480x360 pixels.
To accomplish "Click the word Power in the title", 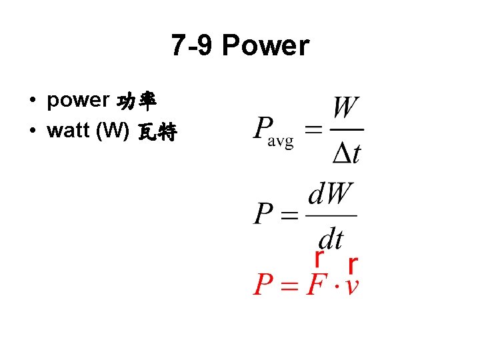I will coord(265,46).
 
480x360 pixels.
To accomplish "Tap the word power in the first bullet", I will coord(78,100).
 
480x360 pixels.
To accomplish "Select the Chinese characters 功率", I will coord(137,101).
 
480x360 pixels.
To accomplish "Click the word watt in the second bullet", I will coord(69,130).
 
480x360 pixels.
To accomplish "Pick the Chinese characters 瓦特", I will coord(157,132).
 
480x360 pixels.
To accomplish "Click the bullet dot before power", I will coord(32,101).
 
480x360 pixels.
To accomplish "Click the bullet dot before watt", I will coord(32,131).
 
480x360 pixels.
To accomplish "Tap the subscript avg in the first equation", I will coord(281,143).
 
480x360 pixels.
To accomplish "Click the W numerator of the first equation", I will coord(347,109).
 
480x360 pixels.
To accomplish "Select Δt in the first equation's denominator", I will coord(347,153).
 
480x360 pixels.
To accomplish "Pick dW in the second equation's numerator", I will coord(331,195).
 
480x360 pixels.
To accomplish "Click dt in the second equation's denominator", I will coord(331,237).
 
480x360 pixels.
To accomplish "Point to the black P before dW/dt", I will coord(263,214).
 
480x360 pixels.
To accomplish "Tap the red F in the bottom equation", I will coord(316,285).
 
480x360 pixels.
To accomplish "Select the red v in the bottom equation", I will coord(353,286).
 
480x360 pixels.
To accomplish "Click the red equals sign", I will coord(289,285).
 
